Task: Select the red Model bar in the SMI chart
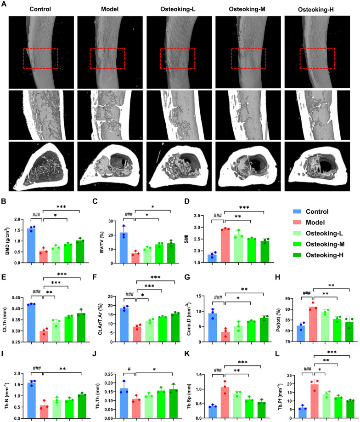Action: click(225, 243)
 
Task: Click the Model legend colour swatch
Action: click(298, 222)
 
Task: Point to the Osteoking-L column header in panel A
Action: click(176, 10)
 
